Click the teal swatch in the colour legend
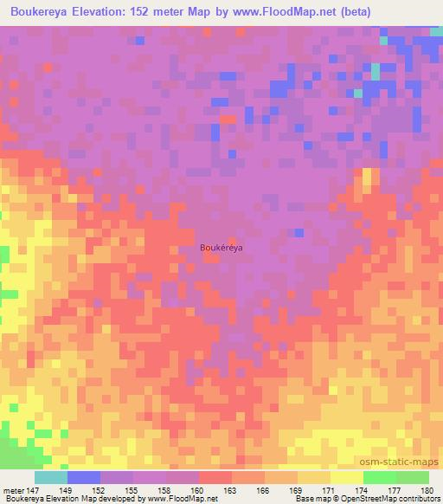51,477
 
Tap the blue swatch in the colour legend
84,477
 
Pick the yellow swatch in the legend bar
346,477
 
